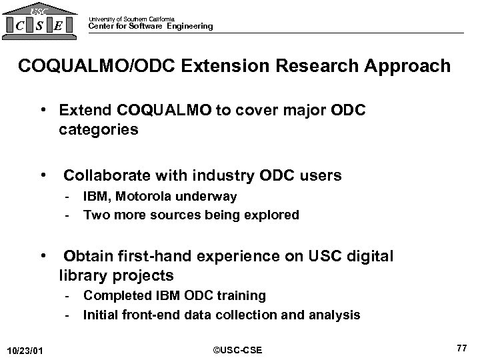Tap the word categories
(x=98, y=129)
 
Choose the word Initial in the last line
(x=100, y=315)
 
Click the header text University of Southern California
(x=131, y=19)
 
